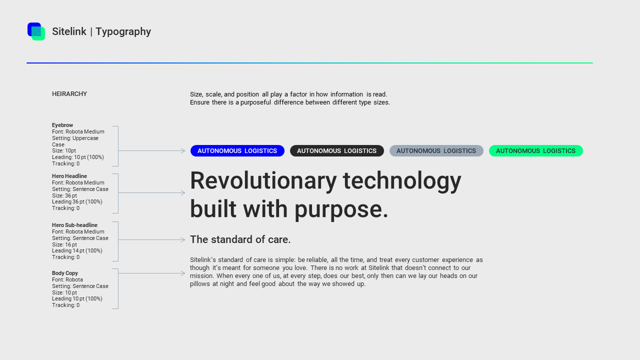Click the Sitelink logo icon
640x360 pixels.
[x=36, y=31]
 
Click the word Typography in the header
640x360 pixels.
[x=123, y=31]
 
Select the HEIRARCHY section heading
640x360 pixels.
[x=69, y=94]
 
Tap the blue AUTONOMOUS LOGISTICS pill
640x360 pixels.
[x=237, y=151]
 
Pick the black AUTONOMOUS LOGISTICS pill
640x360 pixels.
[x=336, y=151]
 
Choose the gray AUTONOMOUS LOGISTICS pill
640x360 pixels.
[x=436, y=151]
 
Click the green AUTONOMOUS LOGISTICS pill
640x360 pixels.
[x=535, y=151]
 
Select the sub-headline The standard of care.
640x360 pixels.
[x=240, y=239]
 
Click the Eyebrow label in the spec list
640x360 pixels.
[x=62, y=125]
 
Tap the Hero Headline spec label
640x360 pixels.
[x=69, y=176]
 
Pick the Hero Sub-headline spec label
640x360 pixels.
[x=74, y=225]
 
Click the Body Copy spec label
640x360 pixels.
[x=65, y=273]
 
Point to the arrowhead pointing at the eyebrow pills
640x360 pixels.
[x=183, y=150]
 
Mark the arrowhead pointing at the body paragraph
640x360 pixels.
[x=183, y=273]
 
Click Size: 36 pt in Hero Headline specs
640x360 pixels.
[x=64, y=195]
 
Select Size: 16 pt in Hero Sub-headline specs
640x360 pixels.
[x=64, y=244]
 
